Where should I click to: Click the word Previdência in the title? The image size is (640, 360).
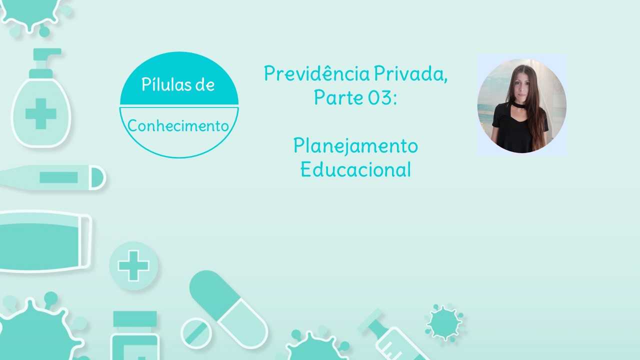coord(317,73)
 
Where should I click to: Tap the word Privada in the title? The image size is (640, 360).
coord(410,73)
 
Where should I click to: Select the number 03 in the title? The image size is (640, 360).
coord(379,97)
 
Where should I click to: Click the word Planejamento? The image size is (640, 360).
coord(355,146)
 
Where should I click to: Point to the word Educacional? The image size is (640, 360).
coord(355,169)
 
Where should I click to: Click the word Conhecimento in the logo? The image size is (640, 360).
coord(178,125)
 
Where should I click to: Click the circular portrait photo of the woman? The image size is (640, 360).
coord(521,105)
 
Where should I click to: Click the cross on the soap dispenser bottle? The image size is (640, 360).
coord(41,113)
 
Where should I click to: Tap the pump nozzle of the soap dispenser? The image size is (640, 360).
coord(47,54)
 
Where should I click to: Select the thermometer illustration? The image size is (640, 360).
coord(53,177)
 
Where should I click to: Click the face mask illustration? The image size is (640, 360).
coord(45,242)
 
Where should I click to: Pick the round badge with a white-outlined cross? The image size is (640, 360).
coord(133,265)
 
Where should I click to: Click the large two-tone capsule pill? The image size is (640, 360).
coord(228,309)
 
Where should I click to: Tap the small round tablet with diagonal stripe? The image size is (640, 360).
coord(196,333)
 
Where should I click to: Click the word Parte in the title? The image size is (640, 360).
coord(338,97)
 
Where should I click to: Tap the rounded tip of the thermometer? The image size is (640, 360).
coord(97,177)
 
